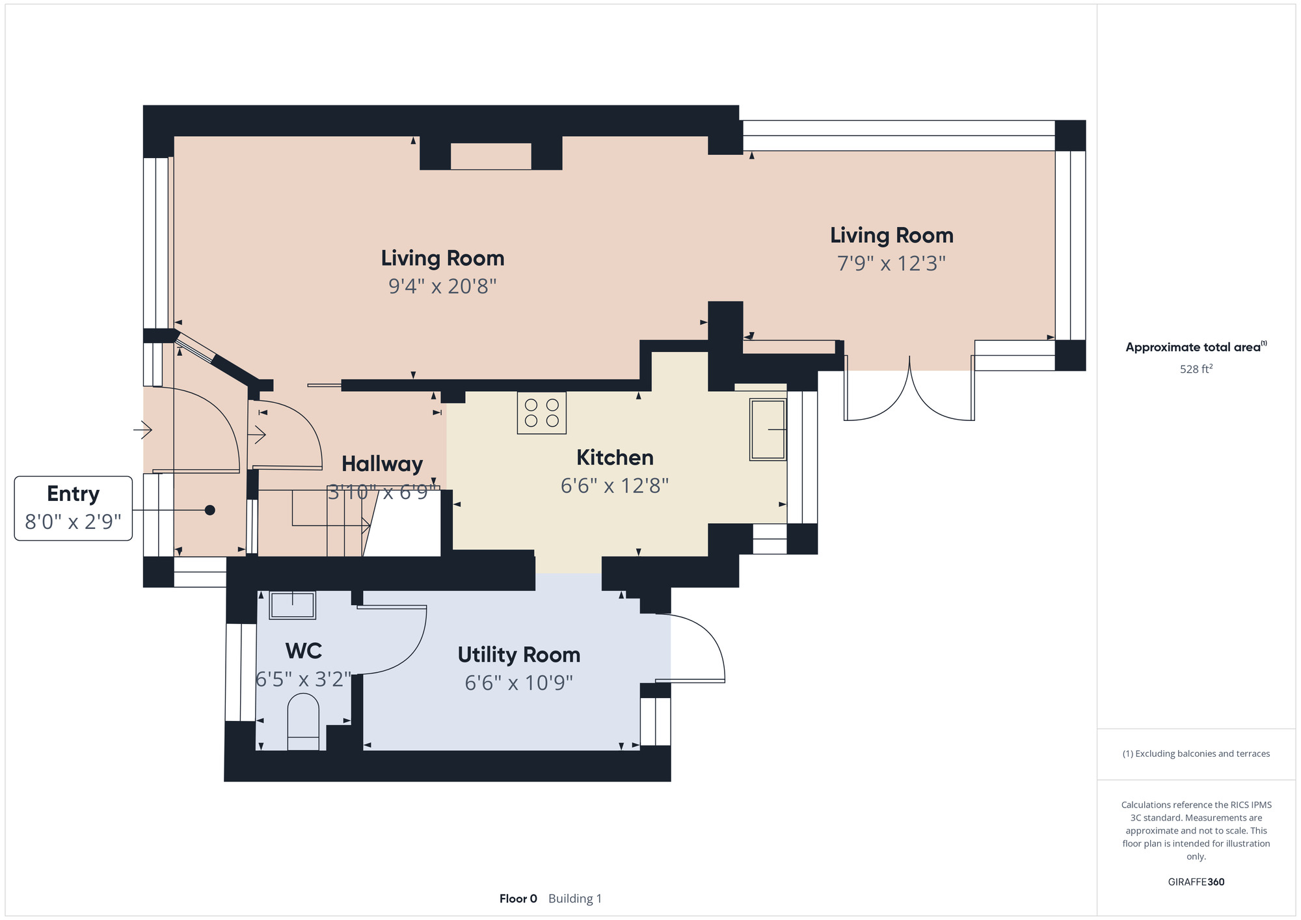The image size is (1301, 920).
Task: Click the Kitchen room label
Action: (615, 457)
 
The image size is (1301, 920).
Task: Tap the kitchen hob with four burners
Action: (542, 413)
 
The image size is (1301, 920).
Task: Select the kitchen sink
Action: (768, 429)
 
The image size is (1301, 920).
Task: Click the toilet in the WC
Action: (303, 722)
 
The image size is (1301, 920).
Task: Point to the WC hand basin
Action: (292, 605)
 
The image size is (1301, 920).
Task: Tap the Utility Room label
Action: (519, 655)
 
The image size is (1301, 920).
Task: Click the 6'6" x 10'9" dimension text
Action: (519, 683)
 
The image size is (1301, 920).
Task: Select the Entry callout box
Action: (74, 508)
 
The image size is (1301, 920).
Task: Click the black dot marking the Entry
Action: (210, 510)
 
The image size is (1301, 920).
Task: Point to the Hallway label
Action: (382, 464)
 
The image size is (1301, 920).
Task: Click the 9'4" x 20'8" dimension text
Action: (442, 286)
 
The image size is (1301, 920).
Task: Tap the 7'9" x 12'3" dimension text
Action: (891, 263)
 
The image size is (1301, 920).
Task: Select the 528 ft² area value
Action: (1196, 369)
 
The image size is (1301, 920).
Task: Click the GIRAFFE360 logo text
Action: (1196, 882)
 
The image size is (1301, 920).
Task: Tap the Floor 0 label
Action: (518, 899)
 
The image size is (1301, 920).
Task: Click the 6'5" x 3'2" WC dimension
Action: (304, 679)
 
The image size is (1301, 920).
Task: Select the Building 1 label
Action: (575, 899)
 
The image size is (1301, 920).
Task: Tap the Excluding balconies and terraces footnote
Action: (1196, 753)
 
